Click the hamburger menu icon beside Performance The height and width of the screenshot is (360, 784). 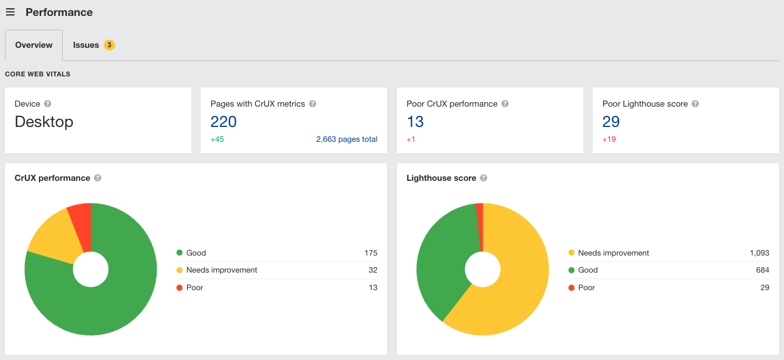point(10,12)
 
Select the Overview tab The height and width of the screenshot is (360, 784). point(34,45)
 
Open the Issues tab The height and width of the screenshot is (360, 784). point(86,45)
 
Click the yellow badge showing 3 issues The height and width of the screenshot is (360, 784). point(109,45)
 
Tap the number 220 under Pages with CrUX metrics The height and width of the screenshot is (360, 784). point(223,121)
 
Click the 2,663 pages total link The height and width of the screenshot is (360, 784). point(346,139)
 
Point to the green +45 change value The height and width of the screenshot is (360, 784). point(217,139)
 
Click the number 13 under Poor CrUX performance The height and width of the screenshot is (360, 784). point(415,121)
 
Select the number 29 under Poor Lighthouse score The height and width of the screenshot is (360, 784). point(611,121)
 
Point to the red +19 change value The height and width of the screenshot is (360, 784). point(609,139)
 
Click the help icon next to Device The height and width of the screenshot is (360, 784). point(48,104)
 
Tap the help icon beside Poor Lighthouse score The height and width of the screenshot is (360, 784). point(695,104)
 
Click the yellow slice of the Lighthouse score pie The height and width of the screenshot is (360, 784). point(517,275)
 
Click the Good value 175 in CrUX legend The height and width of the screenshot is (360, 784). point(371,253)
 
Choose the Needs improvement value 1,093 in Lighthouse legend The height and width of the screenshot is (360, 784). point(759,253)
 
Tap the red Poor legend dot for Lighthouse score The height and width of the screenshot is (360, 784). point(571,287)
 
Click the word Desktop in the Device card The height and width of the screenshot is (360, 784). point(44,121)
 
